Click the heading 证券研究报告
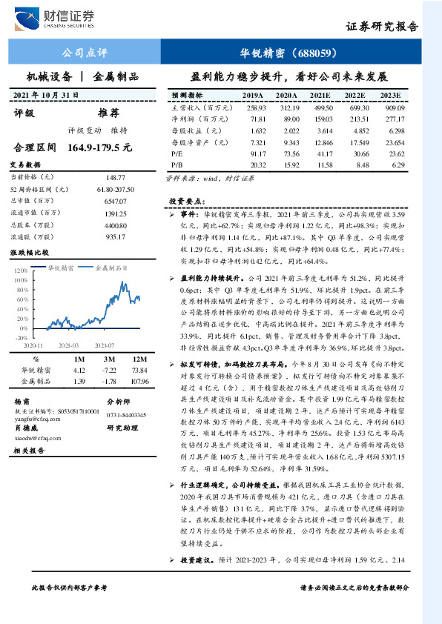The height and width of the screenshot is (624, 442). click(381, 27)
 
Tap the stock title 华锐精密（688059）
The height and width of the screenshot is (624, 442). click(289, 53)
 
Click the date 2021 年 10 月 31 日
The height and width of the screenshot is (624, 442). click(46, 96)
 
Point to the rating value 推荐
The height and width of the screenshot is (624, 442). click(108, 113)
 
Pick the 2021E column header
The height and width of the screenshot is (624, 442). click(320, 96)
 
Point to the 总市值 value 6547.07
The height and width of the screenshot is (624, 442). click(116, 201)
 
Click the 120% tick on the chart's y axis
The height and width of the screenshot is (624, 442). click(21, 270)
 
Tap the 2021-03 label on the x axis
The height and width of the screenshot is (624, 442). click(67, 345)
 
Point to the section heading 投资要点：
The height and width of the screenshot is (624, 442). click(185, 201)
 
